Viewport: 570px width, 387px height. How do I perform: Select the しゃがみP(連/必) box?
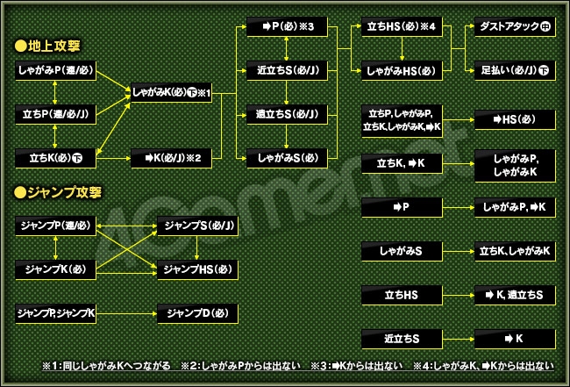click(55, 69)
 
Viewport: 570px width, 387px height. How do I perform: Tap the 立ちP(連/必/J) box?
click(55, 113)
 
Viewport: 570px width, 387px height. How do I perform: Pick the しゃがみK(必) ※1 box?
click(172, 91)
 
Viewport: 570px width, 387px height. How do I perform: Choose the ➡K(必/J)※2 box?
click(172, 158)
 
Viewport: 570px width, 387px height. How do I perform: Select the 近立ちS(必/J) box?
click(284, 69)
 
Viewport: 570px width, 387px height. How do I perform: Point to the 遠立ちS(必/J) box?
click(284, 113)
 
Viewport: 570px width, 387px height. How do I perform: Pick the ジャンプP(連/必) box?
click(55, 226)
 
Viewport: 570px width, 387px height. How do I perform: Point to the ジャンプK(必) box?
click(55, 267)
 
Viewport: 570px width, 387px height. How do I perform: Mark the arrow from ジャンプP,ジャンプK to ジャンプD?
click(126, 312)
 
